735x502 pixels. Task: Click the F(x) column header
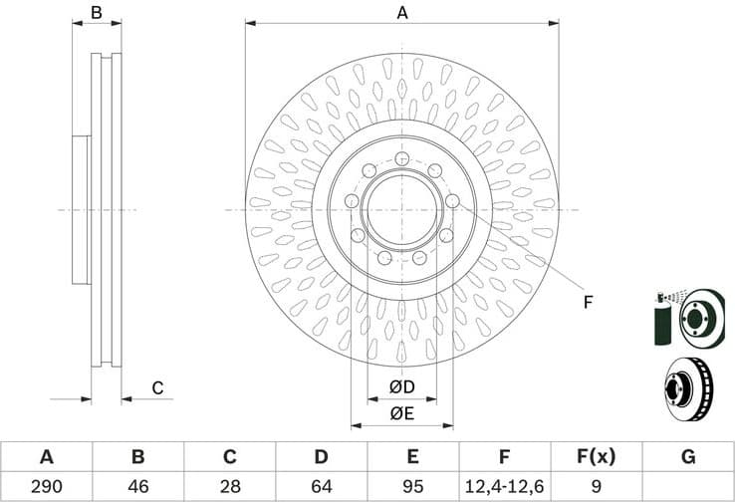point(596,457)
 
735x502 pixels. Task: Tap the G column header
point(687,457)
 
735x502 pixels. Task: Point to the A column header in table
point(46,457)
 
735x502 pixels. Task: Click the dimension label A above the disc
point(402,13)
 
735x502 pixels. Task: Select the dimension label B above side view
point(97,13)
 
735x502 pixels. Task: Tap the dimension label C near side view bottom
point(156,388)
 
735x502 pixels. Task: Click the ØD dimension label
point(402,385)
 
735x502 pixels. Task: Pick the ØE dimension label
point(402,412)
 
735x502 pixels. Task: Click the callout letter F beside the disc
point(588,302)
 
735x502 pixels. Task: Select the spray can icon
point(662,319)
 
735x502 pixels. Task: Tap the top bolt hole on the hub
point(402,159)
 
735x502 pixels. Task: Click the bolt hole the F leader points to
point(453,201)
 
